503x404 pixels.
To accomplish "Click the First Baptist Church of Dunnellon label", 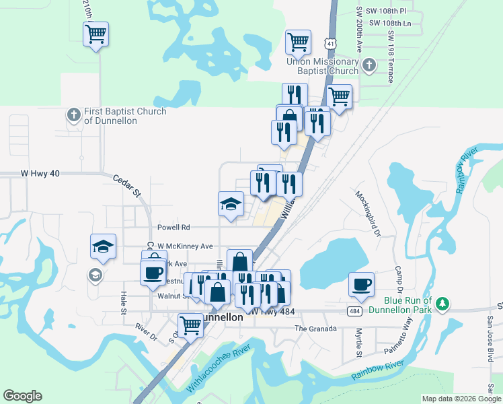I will [125, 116].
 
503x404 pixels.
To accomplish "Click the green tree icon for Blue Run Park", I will [442, 304].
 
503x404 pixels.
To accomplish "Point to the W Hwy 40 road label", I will [32, 173].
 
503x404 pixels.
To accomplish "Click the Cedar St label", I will [126, 187].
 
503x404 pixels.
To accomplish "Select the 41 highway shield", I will [330, 43].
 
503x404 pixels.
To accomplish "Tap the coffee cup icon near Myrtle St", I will [361, 283].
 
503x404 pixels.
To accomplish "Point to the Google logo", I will [22, 396].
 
